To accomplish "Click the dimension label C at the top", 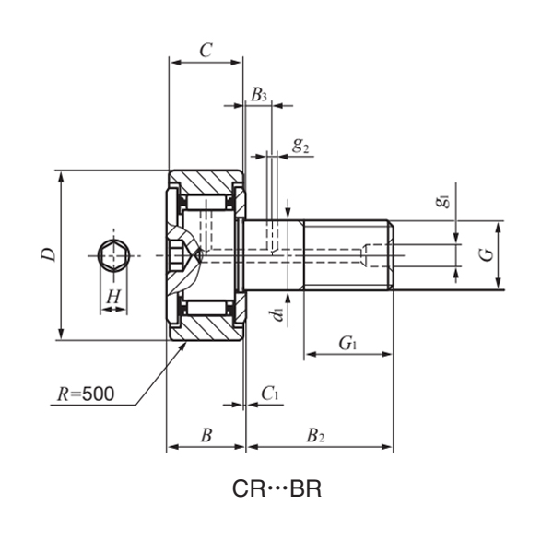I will coord(206,50).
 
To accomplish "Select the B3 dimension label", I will coord(259,95).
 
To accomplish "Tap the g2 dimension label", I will coord(300,144).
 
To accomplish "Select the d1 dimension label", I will coord(276,315).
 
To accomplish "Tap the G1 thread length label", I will coord(347,344).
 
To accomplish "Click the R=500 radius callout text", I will coord(86,394).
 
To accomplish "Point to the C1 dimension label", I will coord(270,394).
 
